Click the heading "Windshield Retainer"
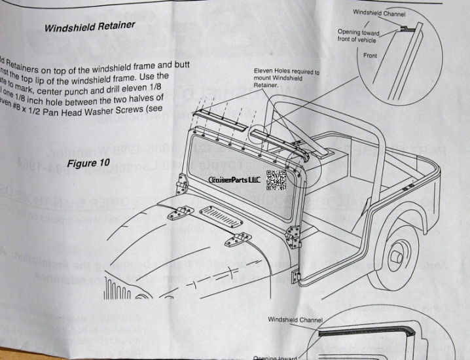[x=90, y=27]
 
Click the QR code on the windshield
[x=276, y=180]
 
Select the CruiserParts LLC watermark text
[x=234, y=180]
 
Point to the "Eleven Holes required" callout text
[x=287, y=78]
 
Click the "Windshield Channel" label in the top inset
[x=379, y=12]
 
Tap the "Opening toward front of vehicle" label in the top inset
[x=358, y=35]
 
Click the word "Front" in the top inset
[x=371, y=56]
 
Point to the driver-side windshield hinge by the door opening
[x=293, y=233]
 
